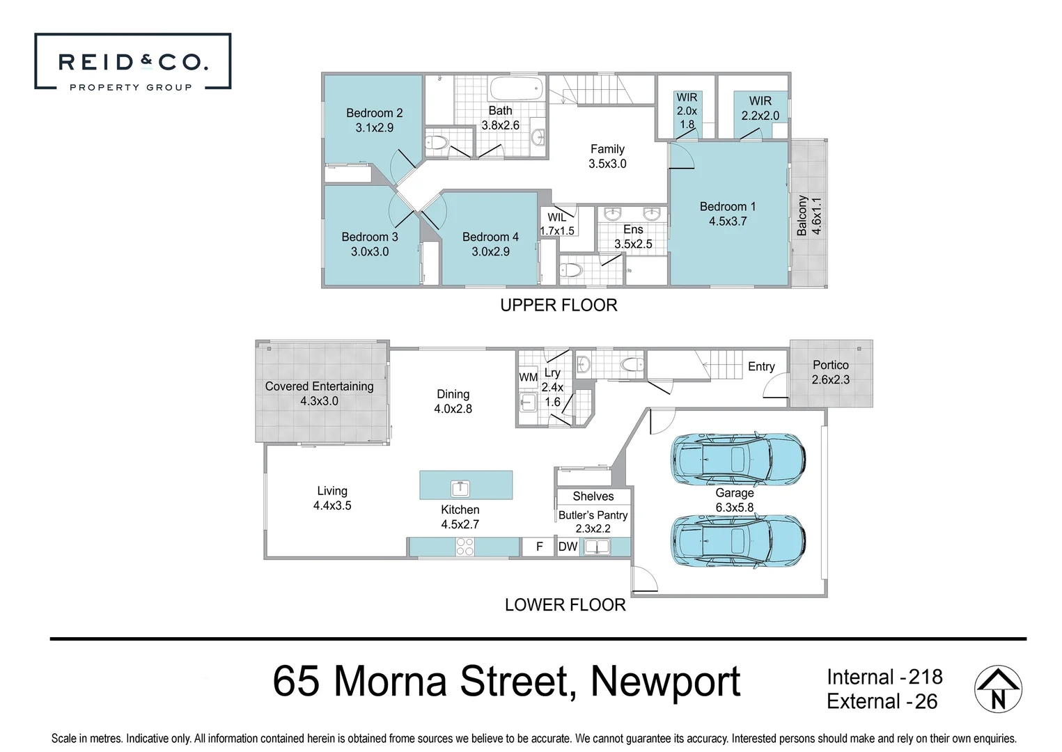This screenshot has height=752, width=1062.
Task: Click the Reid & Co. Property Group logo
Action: (132, 62)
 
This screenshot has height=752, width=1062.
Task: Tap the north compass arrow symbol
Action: (997, 689)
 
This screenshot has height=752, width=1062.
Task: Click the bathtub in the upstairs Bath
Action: (516, 89)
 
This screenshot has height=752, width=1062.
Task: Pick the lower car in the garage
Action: (737, 540)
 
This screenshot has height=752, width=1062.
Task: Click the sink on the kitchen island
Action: (460, 487)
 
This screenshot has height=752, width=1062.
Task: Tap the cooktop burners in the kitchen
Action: (464, 547)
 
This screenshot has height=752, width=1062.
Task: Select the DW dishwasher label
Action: (568, 547)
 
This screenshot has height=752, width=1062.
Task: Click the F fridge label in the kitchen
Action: (539, 547)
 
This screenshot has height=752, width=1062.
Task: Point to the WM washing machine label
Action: (528, 377)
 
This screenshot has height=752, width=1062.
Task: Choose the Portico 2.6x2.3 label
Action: (830, 373)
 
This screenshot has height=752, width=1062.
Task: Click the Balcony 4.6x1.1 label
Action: (809, 216)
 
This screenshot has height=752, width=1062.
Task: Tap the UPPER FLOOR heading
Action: (559, 305)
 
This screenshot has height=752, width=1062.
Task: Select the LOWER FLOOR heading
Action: (565, 604)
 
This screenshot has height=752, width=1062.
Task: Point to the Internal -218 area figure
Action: (884, 677)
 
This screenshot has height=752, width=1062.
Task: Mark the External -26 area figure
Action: (882, 701)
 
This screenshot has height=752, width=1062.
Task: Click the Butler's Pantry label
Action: (593, 515)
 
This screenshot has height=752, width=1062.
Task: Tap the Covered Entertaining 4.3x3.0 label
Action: (319, 393)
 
